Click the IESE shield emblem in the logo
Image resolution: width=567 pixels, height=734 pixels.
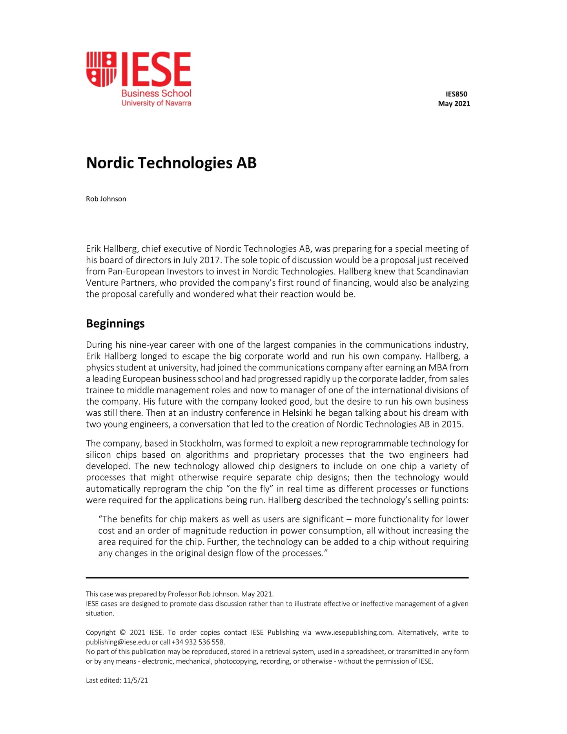coord(102,69)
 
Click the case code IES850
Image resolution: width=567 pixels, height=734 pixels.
coord(456,94)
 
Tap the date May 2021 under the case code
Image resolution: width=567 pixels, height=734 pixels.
coord(454,104)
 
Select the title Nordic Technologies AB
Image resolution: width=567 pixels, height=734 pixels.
coord(171,163)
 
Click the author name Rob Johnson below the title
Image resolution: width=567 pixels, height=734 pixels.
coord(106,199)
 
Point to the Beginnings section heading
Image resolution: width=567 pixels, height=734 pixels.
coord(115,323)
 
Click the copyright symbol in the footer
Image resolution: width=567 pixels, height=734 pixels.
coord(122,633)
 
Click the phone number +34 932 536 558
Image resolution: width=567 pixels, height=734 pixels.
coord(198,642)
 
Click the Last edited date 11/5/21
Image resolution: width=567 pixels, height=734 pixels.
coord(135,681)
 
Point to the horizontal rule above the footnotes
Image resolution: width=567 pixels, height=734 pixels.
coord(277,578)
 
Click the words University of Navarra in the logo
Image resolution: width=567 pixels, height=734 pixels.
coord(156,103)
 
